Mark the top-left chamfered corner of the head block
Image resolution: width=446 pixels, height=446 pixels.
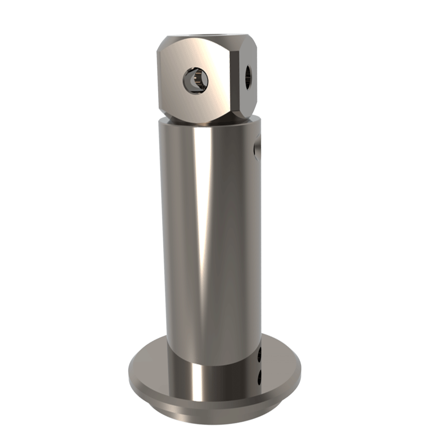click(161, 45)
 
